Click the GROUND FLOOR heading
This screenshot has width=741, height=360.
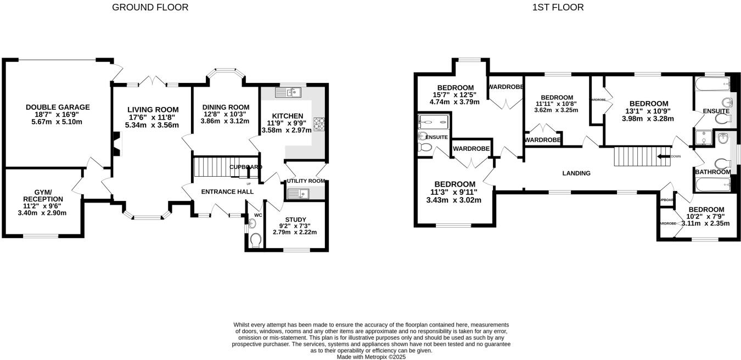(150, 7)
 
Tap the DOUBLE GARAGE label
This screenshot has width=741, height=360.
(58, 107)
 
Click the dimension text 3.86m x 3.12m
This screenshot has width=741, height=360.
(226, 121)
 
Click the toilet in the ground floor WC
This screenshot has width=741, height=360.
(255, 240)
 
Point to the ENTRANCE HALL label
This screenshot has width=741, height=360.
(227, 192)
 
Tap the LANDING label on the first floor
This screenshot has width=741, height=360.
(576, 173)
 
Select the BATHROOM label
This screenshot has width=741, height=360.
(712, 172)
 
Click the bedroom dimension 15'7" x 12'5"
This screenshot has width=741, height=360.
(456, 95)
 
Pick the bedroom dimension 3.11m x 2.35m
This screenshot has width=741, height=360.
(705, 223)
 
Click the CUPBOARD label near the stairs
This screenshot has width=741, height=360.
(245, 167)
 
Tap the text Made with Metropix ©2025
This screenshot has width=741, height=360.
(371, 357)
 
